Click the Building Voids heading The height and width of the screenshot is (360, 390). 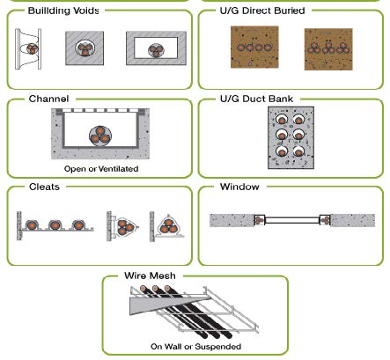63,11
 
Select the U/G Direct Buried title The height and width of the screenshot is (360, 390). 262,11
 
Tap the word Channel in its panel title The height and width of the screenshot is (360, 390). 48,99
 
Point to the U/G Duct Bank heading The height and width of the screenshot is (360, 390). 256,99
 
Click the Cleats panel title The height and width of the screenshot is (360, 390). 44,187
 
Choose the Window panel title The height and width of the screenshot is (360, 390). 239,187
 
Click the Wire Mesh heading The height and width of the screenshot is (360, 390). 150,276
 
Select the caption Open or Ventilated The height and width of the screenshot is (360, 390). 101,169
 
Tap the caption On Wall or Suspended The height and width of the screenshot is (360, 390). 195,347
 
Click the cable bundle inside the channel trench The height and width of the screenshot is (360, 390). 100,136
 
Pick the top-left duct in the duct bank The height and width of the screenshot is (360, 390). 282,119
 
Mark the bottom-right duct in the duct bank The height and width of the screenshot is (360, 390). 298,151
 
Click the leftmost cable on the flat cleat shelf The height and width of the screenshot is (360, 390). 32,225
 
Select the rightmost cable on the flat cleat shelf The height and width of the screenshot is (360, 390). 78,225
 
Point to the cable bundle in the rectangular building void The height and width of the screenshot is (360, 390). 156,50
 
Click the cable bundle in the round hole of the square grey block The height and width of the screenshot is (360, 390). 85,48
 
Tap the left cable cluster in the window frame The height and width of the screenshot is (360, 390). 258,220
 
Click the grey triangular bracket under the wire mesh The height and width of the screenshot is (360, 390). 165,304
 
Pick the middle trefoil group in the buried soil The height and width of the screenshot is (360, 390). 328,48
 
